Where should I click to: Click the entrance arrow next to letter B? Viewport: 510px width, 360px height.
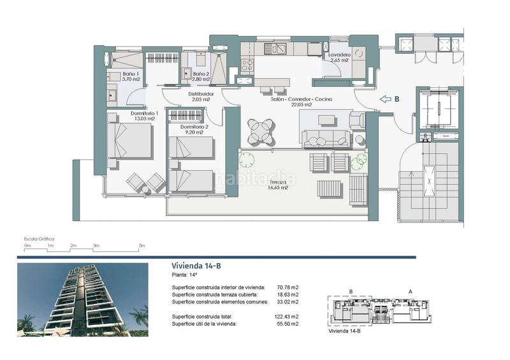click(385, 99)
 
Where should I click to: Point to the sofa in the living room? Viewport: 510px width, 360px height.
click(327, 137)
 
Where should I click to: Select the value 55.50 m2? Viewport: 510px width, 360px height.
click(288, 324)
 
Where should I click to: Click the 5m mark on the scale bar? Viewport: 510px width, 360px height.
click(142, 245)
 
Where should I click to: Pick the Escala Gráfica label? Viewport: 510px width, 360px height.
click(39, 236)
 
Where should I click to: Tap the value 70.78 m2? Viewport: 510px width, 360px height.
click(288, 287)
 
